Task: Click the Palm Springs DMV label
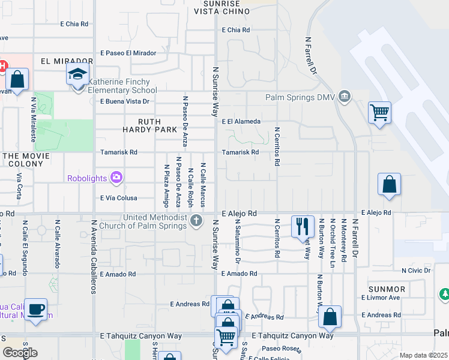(x=299, y=97)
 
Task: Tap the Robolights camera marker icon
(x=116, y=177)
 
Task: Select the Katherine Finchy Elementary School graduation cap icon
(x=77, y=74)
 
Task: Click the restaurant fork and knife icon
(x=303, y=226)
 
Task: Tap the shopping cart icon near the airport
(x=379, y=112)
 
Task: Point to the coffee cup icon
(x=37, y=308)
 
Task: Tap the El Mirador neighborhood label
(x=67, y=61)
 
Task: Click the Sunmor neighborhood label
(x=388, y=289)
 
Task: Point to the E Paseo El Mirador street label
(x=128, y=53)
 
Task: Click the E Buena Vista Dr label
(x=125, y=101)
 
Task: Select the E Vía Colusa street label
(x=119, y=198)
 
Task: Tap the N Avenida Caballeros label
(x=94, y=256)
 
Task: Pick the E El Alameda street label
(x=241, y=121)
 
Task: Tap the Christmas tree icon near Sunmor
(x=445, y=295)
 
